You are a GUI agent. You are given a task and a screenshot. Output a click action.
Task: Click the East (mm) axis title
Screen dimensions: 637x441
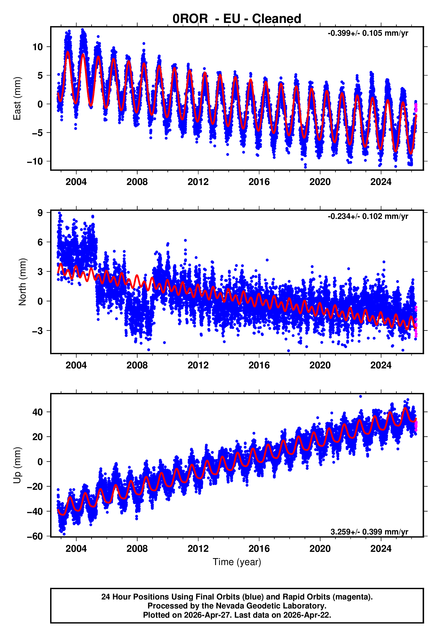point(17,99)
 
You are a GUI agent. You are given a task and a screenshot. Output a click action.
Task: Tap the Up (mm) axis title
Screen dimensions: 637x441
point(17,465)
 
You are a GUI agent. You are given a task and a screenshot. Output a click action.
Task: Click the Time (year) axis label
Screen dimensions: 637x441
point(237,562)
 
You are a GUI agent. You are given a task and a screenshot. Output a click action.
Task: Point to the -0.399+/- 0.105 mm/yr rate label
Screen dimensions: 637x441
point(368,33)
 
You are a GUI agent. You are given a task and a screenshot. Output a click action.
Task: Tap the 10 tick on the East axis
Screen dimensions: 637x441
point(38,47)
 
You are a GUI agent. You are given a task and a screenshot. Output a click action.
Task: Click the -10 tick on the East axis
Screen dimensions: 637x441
point(35,161)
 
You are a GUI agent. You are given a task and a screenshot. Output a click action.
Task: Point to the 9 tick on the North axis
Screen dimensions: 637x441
point(40,213)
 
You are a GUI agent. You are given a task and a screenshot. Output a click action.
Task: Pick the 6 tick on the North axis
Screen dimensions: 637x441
point(40,242)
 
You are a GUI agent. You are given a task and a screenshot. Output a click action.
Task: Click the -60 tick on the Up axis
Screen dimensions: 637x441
point(35,537)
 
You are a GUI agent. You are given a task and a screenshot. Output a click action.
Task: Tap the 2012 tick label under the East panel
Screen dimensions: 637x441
point(198,182)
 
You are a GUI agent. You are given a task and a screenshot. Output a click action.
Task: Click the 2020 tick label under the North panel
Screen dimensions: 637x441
point(320,365)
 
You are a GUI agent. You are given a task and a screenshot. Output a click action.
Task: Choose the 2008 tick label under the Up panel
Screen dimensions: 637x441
point(137,549)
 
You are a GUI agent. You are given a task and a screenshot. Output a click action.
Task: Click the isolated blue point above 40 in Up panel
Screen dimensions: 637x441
point(360,396)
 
